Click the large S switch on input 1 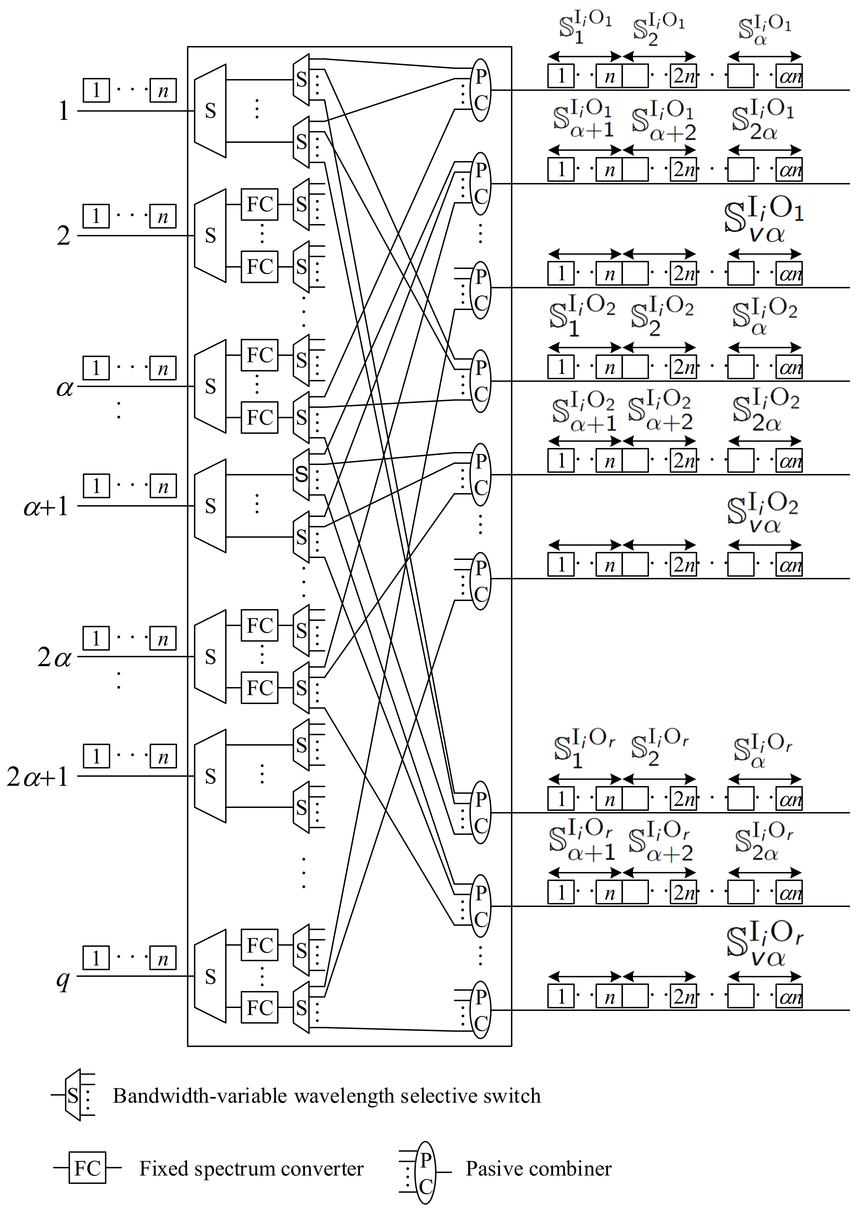click(210, 111)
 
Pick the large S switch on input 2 click(210, 236)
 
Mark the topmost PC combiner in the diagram click(480, 90)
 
